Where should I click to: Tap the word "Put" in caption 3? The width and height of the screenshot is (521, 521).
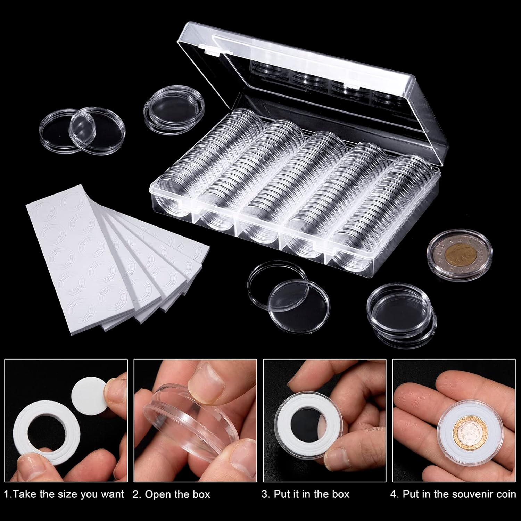click(x=282, y=494)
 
